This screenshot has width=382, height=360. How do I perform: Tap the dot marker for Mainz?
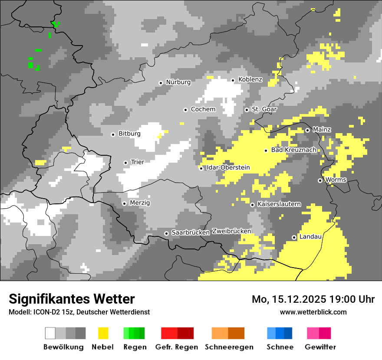(x=307, y=130)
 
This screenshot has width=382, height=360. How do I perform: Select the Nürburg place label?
(x=178, y=82)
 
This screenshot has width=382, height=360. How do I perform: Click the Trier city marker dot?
(x=125, y=163)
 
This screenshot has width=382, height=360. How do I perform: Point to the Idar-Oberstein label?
(x=228, y=167)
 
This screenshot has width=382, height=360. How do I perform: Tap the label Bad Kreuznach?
(x=293, y=150)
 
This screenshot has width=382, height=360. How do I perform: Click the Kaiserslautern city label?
(x=279, y=204)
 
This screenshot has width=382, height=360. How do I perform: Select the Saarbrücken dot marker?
(x=166, y=233)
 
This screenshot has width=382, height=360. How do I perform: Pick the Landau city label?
(x=310, y=237)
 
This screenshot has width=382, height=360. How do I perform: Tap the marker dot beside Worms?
(x=320, y=180)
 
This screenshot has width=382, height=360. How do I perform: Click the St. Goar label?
(x=264, y=109)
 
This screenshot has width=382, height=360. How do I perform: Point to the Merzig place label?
(x=140, y=203)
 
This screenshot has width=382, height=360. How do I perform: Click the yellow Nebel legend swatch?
(x=103, y=333)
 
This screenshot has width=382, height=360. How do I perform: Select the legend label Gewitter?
(x=320, y=347)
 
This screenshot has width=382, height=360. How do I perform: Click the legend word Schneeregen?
(x=229, y=347)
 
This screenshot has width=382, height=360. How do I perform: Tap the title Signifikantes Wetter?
(x=72, y=299)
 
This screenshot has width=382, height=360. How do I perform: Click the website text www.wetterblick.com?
(x=313, y=312)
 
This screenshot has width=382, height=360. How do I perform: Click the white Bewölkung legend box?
(x=50, y=333)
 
